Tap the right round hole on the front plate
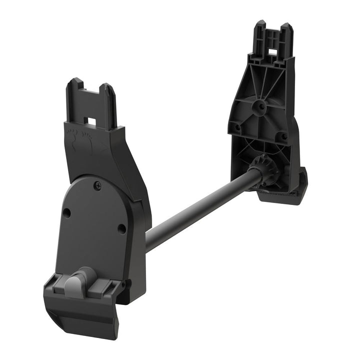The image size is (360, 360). click(x=121, y=228)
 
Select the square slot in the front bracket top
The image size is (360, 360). click(x=91, y=121)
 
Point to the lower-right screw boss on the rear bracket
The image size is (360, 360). click(x=283, y=135)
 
